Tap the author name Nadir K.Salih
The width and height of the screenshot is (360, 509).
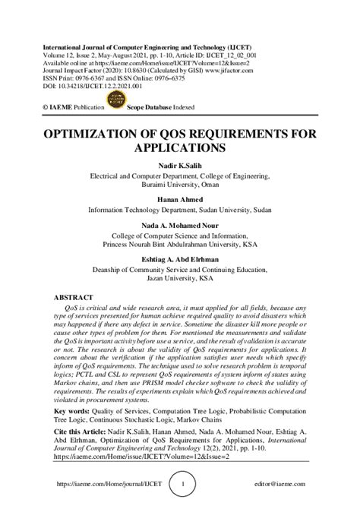point(180,163)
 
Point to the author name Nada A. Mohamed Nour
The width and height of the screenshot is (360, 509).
point(180,226)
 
